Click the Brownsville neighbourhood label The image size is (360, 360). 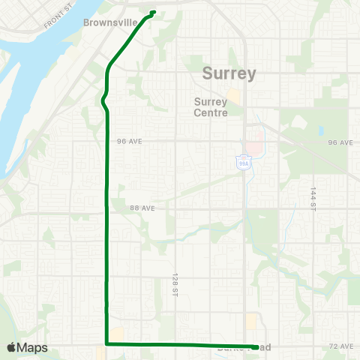click(x=109, y=22)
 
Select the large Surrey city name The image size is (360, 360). click(x=229, y=73)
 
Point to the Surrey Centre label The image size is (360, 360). click(x=215, y=107)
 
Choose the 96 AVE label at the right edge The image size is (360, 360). click(x=340, y=142)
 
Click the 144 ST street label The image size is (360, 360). click(x=313, y=199)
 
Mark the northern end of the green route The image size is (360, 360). click(x=153, y=11)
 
